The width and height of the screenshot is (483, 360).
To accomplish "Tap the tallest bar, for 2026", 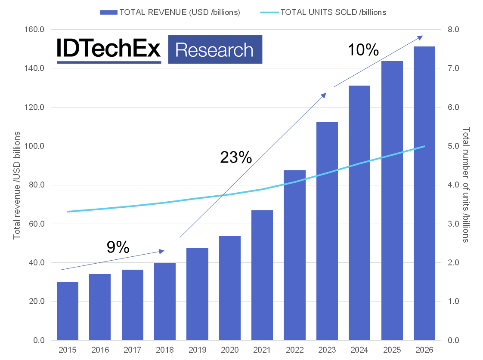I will [x=424, y=194].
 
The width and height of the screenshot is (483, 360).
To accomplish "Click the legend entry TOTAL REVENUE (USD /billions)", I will [x=170, y=12].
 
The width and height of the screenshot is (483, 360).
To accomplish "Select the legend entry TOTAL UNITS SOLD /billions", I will [x=323, y=12].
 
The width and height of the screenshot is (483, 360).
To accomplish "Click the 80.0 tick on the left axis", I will [x=37, y=185].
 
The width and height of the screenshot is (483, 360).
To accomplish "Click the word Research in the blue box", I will [x=214, y=50].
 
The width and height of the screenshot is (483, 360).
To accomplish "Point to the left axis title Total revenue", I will [x=17, y=185].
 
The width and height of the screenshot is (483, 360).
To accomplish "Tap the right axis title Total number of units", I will [x=465, y=185].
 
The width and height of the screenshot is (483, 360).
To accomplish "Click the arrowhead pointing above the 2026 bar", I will [x=421, y=37].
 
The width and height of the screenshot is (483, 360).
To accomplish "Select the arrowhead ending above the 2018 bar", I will [x=162, y=251].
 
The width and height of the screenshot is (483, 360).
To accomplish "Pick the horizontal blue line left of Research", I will [x=108, y=63].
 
